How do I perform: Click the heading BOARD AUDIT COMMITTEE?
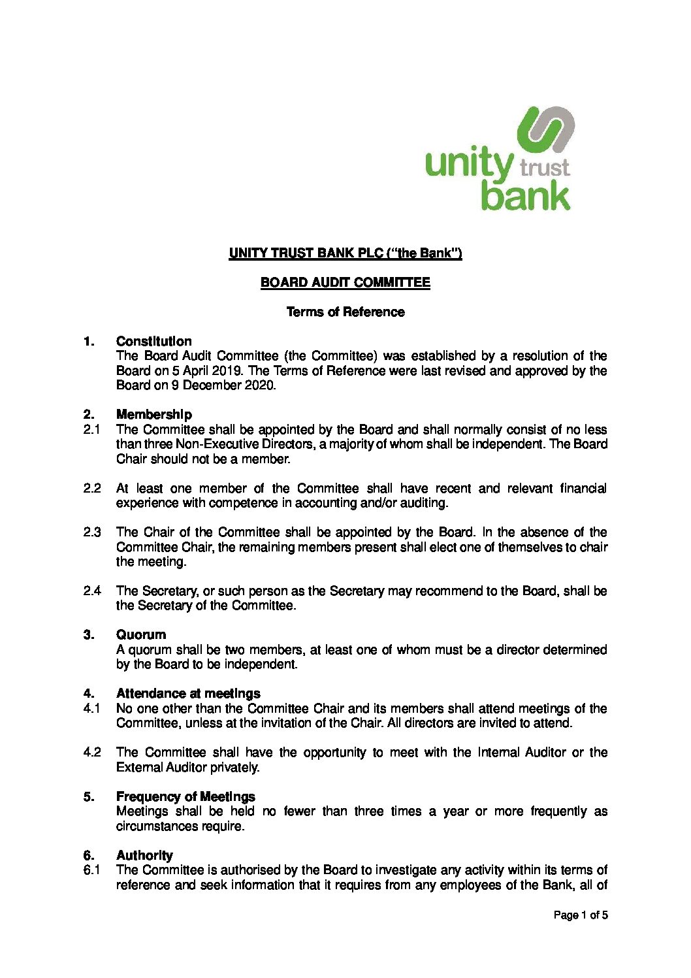pyautogui.click(x=345, y=282)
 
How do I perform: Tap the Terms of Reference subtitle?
pyautogui.click(x=345, y=312)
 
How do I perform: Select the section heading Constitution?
pyautogui.click(x=153, y=341)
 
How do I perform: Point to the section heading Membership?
pyautogui.click(x=153, y=414)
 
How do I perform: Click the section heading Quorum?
pyautogui.click(x=140, y=634)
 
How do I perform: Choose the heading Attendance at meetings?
pyautogui.click(x=187, y=693)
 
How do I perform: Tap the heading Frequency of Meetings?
pyautogui.click(x=185, y=796)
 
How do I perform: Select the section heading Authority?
pyautogui.click(x=144, y=855)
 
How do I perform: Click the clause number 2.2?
pyautogui.click(x=91, y=488)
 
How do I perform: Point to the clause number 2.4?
pyautogui.click(x=91, y=591)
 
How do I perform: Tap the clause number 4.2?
pyautogui.click(x=91, y=752)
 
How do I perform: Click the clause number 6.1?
pyautogui.click(x=91, y=870)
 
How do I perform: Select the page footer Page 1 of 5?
pyautogui.click(x=580, y=915)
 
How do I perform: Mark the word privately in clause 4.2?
pyautogui.click(x=234, y=767)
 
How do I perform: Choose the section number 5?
pyautogui.click(x=89, y=796)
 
